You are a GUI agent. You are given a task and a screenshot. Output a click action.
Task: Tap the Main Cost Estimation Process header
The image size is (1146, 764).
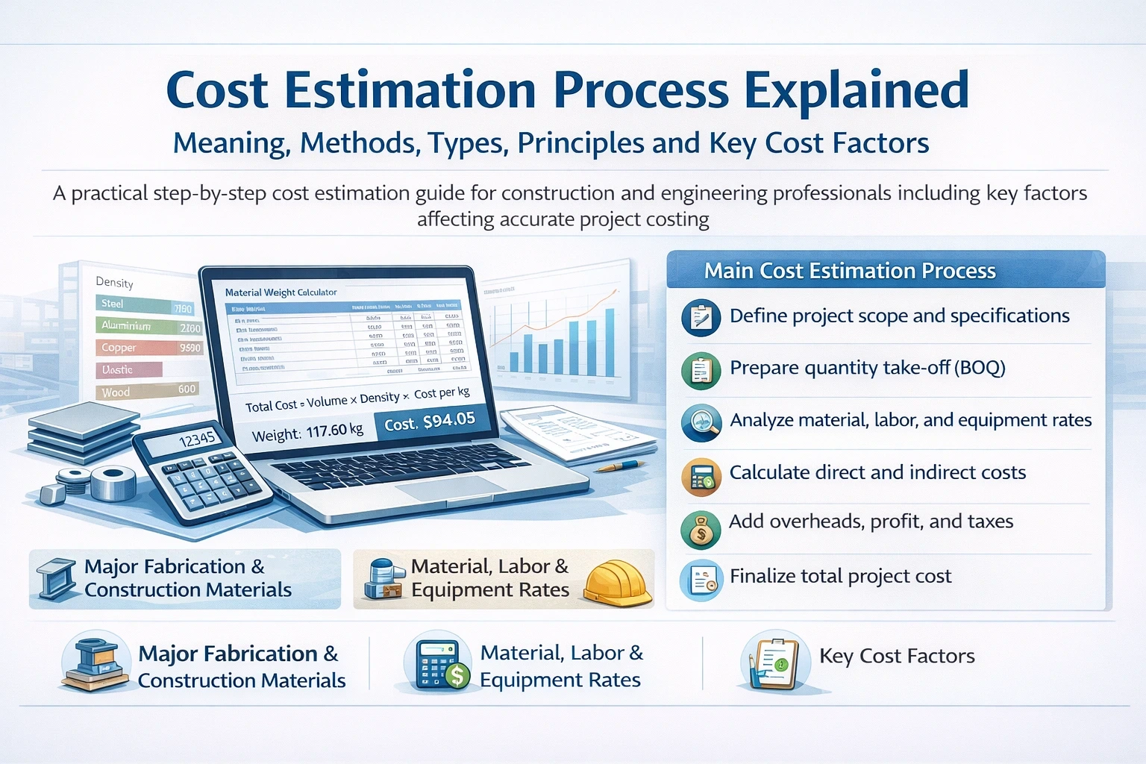coord(849,271)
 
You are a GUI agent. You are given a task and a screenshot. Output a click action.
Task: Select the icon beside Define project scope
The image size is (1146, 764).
coord(701,318)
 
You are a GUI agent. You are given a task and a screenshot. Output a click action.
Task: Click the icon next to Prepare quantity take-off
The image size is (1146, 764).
coord(701,370)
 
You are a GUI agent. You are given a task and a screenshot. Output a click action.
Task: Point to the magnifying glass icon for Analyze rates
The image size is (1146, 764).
coord(701,422)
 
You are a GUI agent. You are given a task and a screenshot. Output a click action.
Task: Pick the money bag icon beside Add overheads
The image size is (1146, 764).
coord(701,530)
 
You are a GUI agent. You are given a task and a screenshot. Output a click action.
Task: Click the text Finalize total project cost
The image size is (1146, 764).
coord(840,576)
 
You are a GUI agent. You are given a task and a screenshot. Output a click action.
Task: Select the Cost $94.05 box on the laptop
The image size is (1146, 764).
coord(430,422)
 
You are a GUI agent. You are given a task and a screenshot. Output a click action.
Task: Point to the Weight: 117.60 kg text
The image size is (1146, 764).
coord(307,432)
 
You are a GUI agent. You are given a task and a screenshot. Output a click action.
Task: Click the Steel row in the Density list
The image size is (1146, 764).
coord(146,305)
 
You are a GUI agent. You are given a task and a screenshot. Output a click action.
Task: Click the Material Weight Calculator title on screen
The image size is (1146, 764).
coord(281,292)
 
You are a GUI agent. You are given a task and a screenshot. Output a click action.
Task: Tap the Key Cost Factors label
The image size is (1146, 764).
coord(896,656)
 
